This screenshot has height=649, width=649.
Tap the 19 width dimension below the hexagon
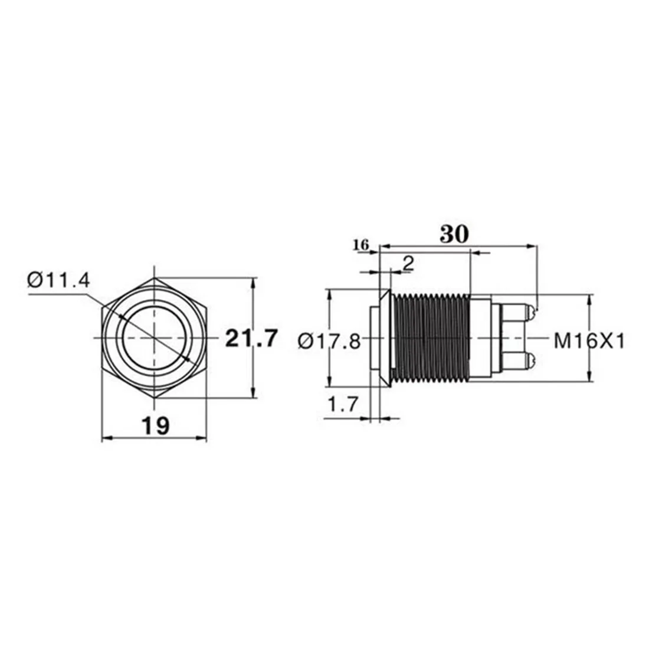(155, 425)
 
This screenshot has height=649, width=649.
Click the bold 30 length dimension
(454, 234)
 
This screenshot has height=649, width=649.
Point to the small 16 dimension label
(361, 245)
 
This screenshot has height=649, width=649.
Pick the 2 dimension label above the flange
(407, 263)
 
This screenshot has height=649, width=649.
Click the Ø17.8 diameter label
(329, 341)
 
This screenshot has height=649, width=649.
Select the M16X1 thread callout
(588, 340)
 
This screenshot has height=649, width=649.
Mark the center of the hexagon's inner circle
(155, 337)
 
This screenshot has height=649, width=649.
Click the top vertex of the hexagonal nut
(155, 277)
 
